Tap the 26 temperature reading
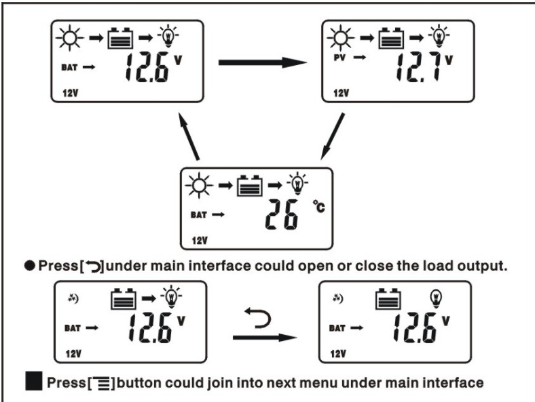tap(282, 215)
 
